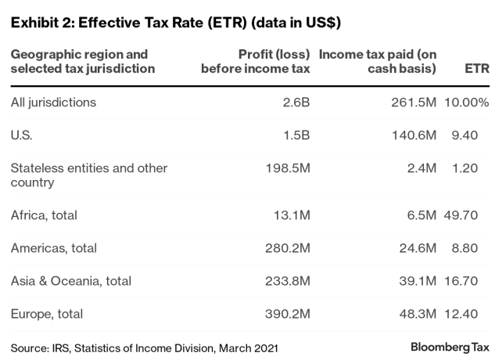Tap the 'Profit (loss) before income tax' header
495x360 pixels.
[256, 62]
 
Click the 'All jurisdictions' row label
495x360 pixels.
[52, 103]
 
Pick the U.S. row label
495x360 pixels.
[21, 135]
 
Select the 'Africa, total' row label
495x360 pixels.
[45, 215]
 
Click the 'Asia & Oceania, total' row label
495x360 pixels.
[71, 281]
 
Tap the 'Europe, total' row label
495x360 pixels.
[47, 314]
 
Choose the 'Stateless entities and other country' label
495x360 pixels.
[89, 175]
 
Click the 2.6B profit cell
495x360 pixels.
[296, 103]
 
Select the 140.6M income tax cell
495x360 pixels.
[412, 135]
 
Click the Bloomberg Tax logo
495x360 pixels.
[450, 346]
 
